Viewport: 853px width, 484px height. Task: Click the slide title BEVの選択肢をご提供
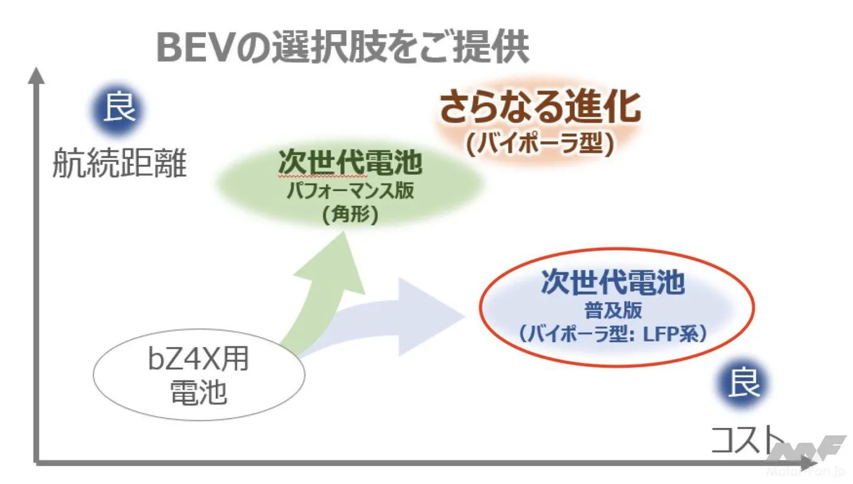[342, 48]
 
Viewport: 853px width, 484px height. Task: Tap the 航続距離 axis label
[119, 164]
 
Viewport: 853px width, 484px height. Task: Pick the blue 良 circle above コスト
[743, 384]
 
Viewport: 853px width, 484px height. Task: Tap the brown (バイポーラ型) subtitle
[540, 145]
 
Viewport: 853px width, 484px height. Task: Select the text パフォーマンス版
[350, 191]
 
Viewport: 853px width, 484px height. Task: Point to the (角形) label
[350, 215]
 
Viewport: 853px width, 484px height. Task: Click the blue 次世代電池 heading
[613, 282]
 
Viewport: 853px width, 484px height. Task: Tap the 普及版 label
[613, 310]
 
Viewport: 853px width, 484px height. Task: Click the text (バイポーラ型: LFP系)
[613, 335]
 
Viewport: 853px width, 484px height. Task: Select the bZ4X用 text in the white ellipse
[199, 359]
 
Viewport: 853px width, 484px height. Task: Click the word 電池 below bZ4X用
[199, 392]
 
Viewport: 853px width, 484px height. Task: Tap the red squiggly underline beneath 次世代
[323, 177]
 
